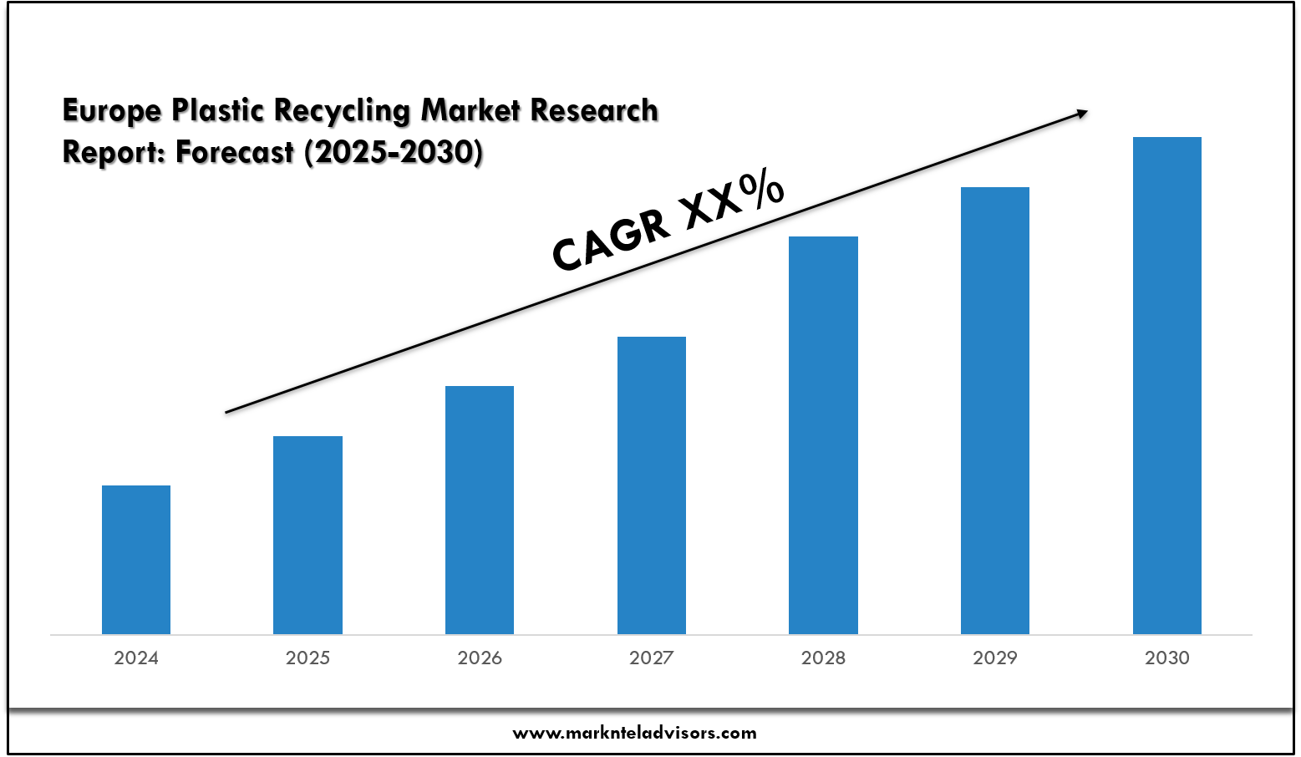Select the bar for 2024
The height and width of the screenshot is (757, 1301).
click(x=136, y=560)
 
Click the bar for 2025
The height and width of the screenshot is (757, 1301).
click(x=307, y=535)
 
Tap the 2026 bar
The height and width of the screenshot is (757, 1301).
click(x=480, y=510)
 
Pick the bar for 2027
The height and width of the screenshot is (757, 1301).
click(x=652, y=485)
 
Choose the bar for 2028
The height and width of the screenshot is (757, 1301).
click(x=823, y=434)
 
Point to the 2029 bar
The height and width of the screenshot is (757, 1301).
click(x=995, y=409)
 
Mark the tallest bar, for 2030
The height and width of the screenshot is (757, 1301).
click(x=1167, y=384)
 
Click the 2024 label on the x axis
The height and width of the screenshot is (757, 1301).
click(x=136, y=658)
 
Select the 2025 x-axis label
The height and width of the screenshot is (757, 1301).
click(x=307, y=658)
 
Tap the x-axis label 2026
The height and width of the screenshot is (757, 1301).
click(x=480, y=658)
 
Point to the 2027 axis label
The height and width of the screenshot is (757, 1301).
click(x=652, y=658)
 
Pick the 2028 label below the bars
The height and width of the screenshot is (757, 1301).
click(x=823, y=658)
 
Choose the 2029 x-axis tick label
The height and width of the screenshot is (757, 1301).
click(x=995, y=658)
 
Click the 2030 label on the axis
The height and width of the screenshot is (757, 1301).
click(x=1167, y=658)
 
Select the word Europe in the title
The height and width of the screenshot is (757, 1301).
click(x=112, y=110)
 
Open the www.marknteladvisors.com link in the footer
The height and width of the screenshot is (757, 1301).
click(x=635, y=734)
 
